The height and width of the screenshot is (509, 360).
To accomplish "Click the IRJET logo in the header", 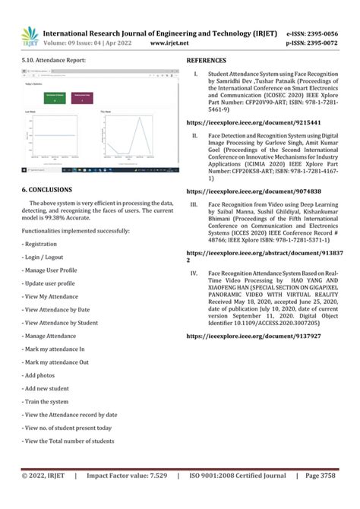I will click(x=30, y=36).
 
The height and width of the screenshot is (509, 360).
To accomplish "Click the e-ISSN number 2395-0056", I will click(x=326, y=35).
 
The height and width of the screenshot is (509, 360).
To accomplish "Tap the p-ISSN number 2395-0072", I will click(x=326, y=44).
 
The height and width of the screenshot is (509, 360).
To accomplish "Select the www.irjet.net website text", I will click(x=169, y=44).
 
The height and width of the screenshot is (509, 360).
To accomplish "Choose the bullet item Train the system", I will click(x=46, y=401).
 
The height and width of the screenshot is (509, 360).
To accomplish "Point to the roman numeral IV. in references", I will click(x=194, y=271).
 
